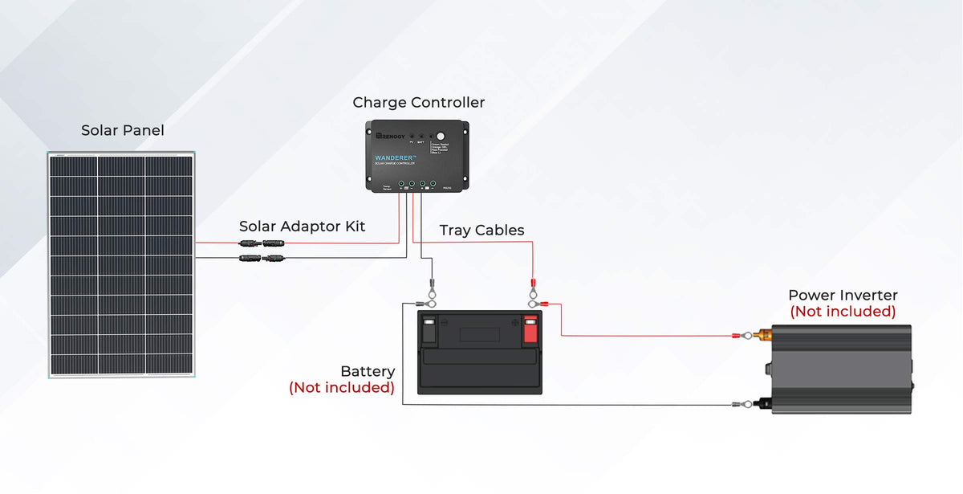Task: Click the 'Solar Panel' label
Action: pyautogui.click(x=122, y=130)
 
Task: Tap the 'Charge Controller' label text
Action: pyautogui.click(x=418, y=103)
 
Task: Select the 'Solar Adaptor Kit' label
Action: pyautogui.click(x=302, y=227)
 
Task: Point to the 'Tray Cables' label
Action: pyautogui.click(x=481, y=231)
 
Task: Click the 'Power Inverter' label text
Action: pyautogui.click(x=843, y=296)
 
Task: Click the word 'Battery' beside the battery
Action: pyautogui.click(x=368, y=372)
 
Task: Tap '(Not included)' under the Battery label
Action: pyautogui.click(x=342, y=388)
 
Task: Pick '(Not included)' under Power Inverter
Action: pyautogui.click(x=843, y=312)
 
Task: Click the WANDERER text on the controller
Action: pyautogui.click(x=396, y=157)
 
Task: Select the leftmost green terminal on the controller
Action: pyautogui.click(x=400, y=184)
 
